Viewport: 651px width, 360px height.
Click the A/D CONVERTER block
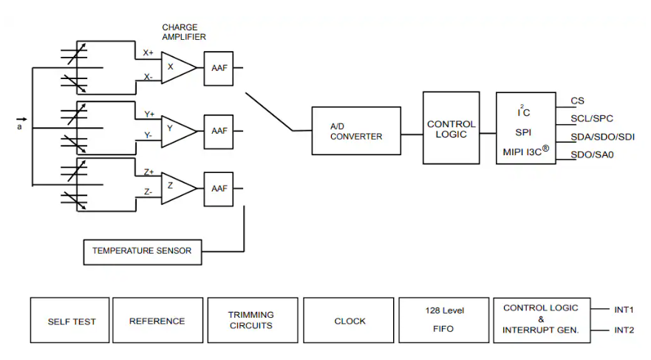[x=356, y=131]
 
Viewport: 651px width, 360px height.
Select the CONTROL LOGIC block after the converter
[x=451, y=128]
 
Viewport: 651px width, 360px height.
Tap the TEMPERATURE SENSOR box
[x=141, y=251]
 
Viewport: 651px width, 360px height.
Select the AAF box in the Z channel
[x=219, y=188]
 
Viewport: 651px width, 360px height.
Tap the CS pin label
[x=578, y=101]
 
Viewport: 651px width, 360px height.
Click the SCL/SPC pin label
[x=592, y=118]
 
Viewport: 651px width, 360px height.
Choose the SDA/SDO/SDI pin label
[x=602, y=137]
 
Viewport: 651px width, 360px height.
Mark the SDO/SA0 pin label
[x=592, y=154]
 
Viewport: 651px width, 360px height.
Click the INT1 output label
[x=624, y=310]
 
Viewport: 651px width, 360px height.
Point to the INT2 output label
[x=624, y=330]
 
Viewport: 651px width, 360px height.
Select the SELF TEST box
[x=69, y=321]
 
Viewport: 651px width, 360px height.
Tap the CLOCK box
[x=350, y=321]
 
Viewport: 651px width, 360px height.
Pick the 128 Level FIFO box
[x=443, y=321]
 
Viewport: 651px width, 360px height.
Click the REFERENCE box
[x=157, y=321]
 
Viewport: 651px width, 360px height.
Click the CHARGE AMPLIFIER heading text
[x=184, y=32]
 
